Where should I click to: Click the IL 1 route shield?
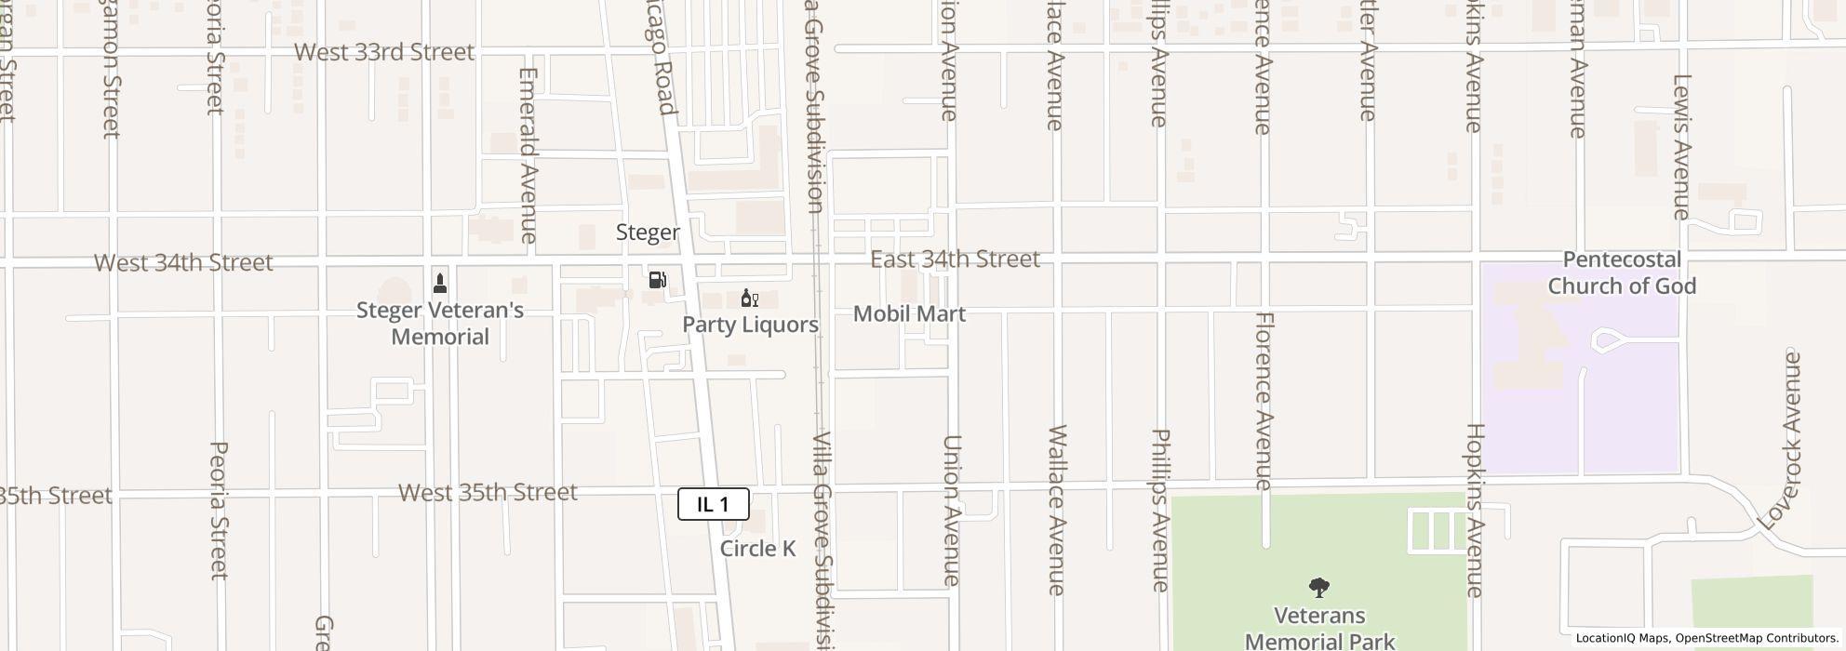tap(713, 504)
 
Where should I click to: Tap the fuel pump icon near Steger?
tap(658, 279)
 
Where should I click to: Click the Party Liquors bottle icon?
tap(748, 299)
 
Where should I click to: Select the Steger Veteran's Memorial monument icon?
tap(440, 282)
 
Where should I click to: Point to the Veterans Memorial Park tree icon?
tap(1318, 587)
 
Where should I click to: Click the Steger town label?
tap(648, 232)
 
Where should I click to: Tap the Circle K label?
tap(757, 549)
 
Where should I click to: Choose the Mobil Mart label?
tap(909, 313)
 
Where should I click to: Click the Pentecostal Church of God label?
tap(1622, 272)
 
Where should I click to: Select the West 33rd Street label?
tap(384, 52)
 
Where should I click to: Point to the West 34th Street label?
tap(183, 263)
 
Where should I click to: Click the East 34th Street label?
tap(955, 259)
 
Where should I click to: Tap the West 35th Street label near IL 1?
tap(488, 492)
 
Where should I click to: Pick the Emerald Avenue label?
tap(528, 155)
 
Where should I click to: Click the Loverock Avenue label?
tap(1781, 440)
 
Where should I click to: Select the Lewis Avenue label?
tap(1680, 147)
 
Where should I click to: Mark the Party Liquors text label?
tap(750, 325)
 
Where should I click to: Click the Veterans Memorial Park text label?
tap(1319, 628)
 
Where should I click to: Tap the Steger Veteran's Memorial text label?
tap(440, 323)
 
